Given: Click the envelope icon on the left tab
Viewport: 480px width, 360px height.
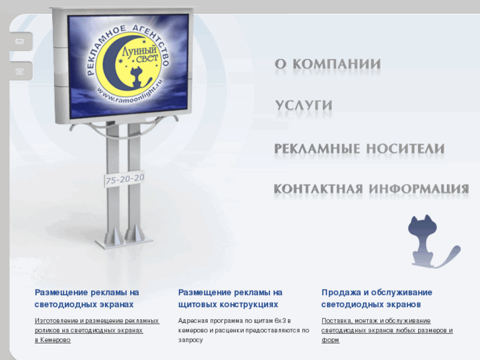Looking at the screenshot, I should tap(19, 42).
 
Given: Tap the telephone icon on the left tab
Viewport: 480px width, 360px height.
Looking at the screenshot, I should tap(19, 71).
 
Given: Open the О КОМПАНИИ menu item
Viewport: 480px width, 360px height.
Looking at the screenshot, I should tap(327, 65).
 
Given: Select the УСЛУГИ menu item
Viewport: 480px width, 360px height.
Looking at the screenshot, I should tap(303, 106).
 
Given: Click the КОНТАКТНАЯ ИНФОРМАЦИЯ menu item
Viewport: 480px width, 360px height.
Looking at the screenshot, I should tap(371, 189).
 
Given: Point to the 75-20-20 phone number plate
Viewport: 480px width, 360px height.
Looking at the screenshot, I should tap(125, 180).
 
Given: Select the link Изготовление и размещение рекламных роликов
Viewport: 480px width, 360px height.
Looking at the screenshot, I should tap(97, 325).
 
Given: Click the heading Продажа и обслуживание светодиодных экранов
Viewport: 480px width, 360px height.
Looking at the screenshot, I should tap(376, 299).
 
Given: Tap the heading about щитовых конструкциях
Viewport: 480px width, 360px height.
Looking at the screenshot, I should tap(230, 299).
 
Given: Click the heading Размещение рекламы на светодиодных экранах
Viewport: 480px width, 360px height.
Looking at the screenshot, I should tap(86, 299).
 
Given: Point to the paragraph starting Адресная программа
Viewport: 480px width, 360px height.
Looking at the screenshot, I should tap(243, 330).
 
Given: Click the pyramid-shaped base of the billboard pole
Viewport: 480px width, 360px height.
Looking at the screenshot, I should tap(125, 235).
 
